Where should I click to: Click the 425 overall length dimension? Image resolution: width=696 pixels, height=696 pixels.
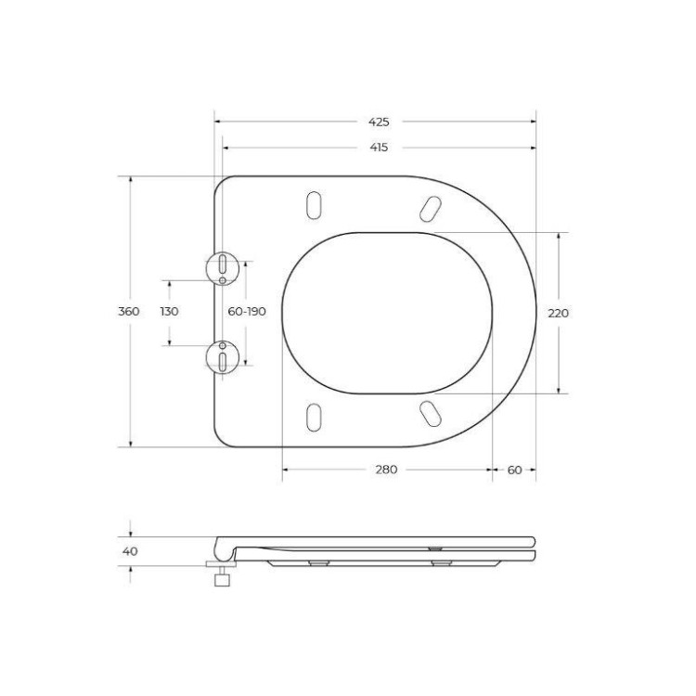378,122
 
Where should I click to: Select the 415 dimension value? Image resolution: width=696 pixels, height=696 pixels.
378,148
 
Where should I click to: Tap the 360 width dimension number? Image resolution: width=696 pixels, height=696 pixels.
129,312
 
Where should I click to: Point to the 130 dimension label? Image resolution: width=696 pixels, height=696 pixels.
169,312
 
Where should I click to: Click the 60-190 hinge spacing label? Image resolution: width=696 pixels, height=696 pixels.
247,312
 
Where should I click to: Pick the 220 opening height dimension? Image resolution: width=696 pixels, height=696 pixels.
558,313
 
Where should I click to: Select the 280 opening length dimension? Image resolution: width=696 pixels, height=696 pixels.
386,470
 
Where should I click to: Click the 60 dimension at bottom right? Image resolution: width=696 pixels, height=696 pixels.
514,470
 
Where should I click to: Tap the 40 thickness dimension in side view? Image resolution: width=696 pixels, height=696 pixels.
130,551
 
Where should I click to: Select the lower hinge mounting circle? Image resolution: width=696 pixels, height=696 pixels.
223,356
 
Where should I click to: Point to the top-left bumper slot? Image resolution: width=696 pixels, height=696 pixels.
315,205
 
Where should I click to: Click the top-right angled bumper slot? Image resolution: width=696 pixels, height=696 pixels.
430,209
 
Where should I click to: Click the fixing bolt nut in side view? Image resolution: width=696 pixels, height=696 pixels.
221,580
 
